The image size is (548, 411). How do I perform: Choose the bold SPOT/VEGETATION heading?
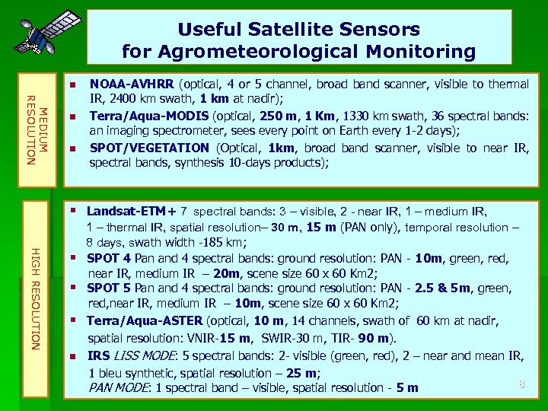151,148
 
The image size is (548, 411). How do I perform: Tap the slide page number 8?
521,384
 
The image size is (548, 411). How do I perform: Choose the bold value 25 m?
301,373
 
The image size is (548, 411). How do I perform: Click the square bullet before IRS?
72,356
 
